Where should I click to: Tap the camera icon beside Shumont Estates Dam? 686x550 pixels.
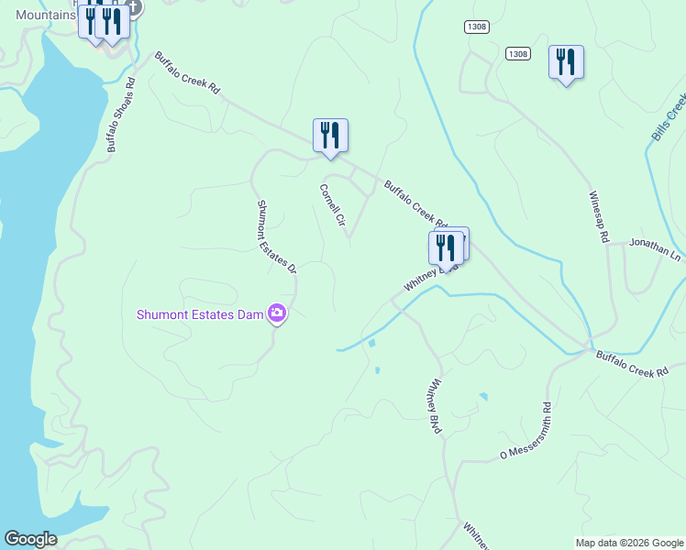pos(277,314)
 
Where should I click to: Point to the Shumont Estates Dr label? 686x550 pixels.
pos(276,236)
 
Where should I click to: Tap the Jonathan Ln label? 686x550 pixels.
pos(655,250)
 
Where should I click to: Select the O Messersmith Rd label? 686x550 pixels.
pos(525,432)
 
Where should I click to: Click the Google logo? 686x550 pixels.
pos(30,539)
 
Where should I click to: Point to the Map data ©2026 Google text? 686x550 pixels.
pos(628,543)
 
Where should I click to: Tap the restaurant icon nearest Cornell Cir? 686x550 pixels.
pos(329,136)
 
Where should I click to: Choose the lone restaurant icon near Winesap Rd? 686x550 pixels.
pos(566,61)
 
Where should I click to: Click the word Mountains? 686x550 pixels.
pos(44,16)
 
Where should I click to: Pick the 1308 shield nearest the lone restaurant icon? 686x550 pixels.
pos(517,54)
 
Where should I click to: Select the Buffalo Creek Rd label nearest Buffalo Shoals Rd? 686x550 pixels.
pos(188,73)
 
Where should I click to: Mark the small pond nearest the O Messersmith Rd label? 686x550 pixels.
pos(483,396)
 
